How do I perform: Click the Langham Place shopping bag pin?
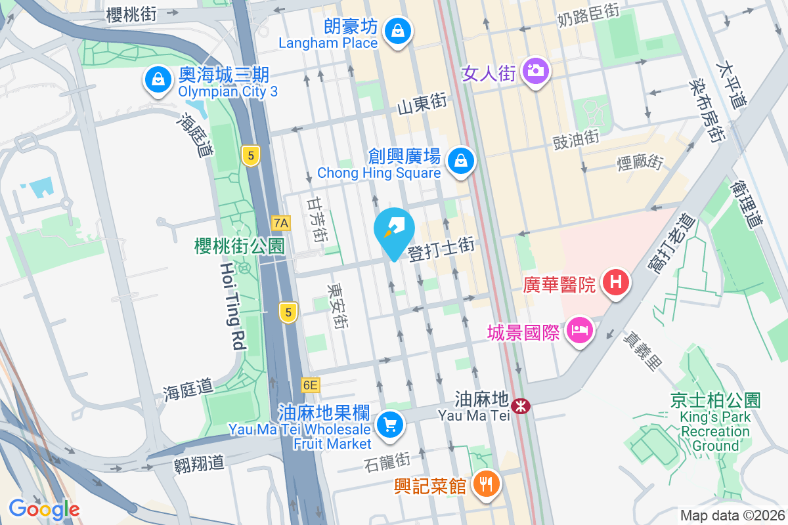[x=397, y=31]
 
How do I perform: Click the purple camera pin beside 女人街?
[x=536, y=70]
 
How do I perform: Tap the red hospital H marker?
[x=615, y=283]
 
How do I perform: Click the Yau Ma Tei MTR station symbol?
[x=521, y=406]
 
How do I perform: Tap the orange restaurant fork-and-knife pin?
[x=486, y=484]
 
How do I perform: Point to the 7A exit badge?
[x=280, y=223]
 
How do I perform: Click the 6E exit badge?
[x=310, y=385]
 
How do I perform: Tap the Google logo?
[x=44, y=509]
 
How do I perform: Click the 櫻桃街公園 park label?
[x=239, y=246]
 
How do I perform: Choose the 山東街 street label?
[x=422, y=103]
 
